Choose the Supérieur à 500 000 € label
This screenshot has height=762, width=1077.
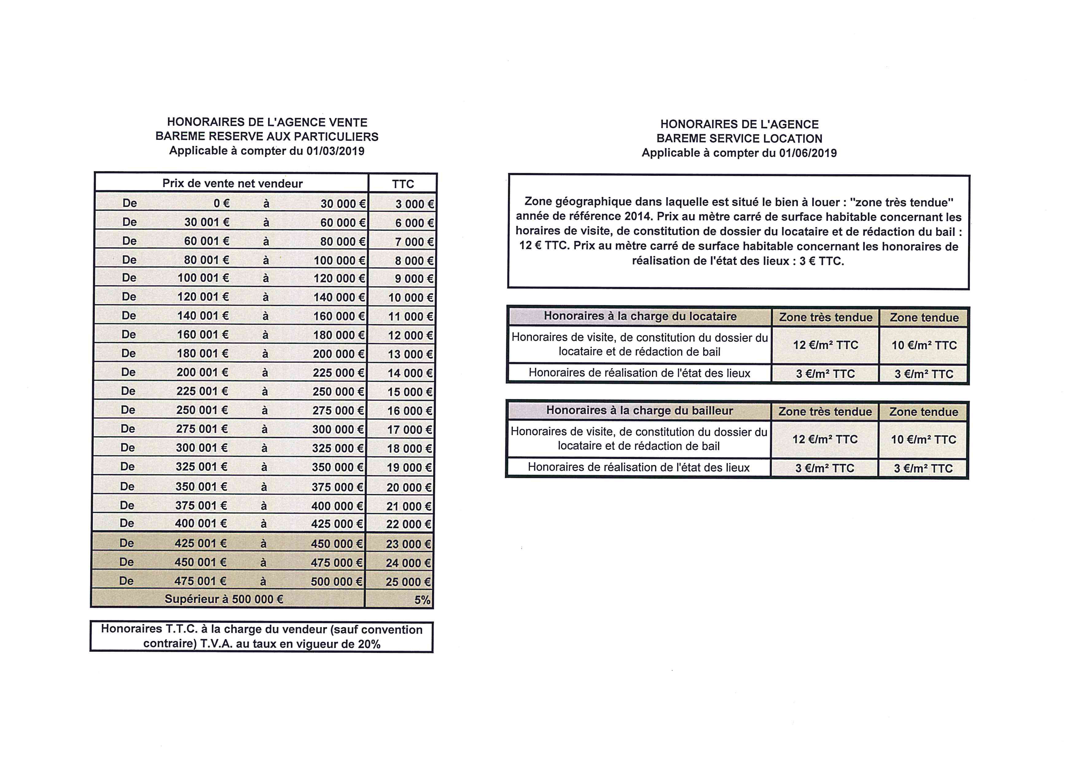click(x=224, y=599)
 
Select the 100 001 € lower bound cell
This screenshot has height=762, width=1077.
click(x=203, y=278)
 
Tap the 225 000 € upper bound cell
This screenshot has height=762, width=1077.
click(x=338, y=373)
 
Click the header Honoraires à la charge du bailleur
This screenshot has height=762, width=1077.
click(x=639, y=410)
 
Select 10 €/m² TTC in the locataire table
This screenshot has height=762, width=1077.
click(x=924, y=345)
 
